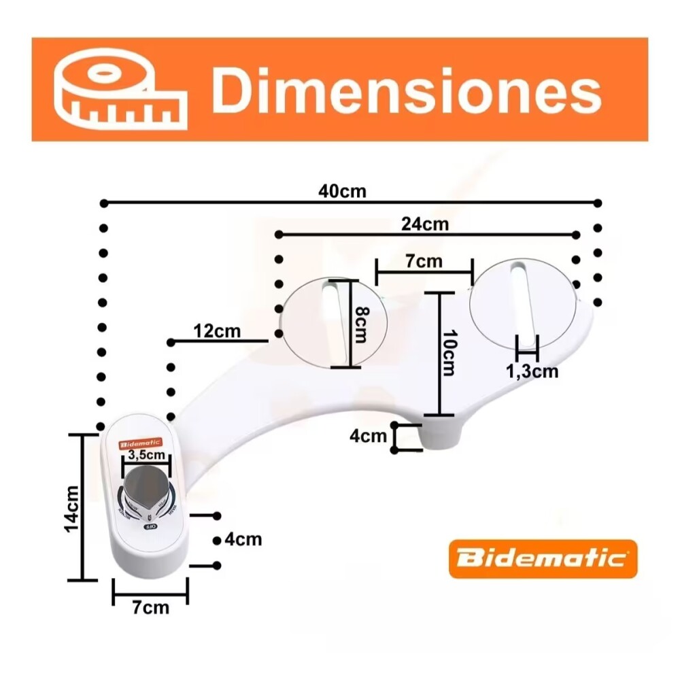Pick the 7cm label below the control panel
pyautogui.click(x=150, y=607)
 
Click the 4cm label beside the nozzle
pyautogui.click(x=368, y=436)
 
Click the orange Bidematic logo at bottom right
pyautogui.click(x=543, y=559)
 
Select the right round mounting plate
pyautogui.click(x=522, y=303)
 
